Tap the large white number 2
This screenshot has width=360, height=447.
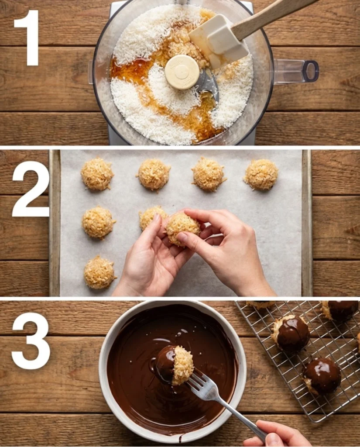pyautogui.click(x=31, y=189)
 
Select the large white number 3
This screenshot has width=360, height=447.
pyautogui.click(x=31, y=340)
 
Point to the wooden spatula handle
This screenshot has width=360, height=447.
pyautogui.click(x=271, y=15)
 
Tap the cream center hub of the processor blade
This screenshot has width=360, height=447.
pyautogui.click(x=182, y=72)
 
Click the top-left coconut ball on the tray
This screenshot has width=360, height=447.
pyautogui.click(x=97, y=174)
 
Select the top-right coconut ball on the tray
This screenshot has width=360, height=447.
pyautogui.click(x=261, y=174)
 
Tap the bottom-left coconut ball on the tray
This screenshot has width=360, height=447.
pyautogui.click(x=99, y=272)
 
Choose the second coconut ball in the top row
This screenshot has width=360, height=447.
pyautogui.click(x=153, y=174)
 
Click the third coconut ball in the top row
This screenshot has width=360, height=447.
pyautogui.click(x=208, y=174)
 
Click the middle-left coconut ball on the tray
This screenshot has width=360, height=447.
pyautogui.click(x=98, y=222)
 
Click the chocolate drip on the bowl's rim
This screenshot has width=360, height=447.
pyautogui.click(x=180, y=437)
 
